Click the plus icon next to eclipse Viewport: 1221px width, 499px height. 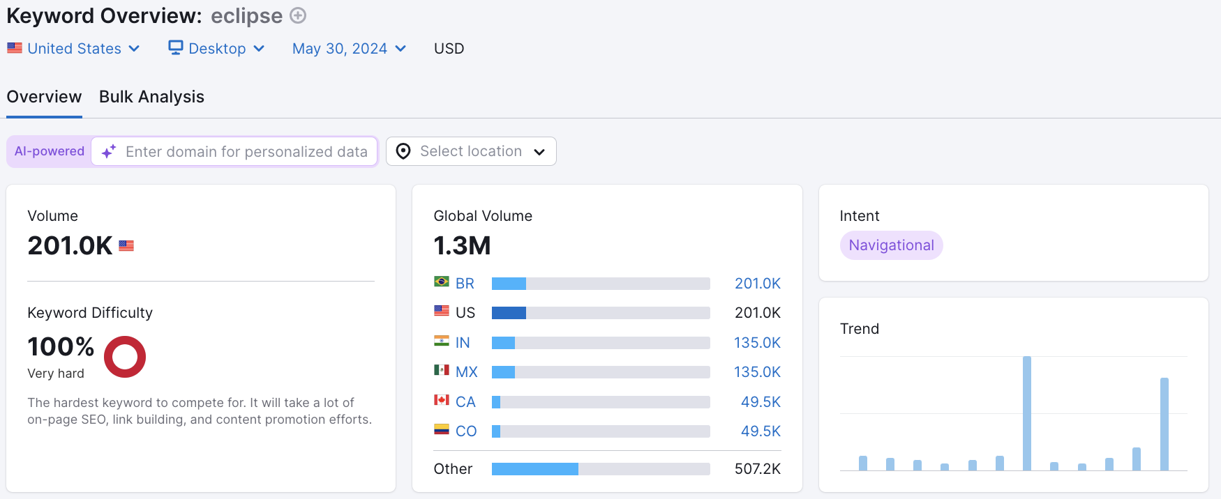coord(298,15)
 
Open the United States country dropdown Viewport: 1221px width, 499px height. coord(74,49)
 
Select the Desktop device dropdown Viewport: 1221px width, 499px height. coord(216,49)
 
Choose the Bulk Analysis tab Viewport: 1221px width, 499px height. coord(151,97)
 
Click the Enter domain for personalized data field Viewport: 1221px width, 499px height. coord(246,152)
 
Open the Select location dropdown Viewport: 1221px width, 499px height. coord(471,152)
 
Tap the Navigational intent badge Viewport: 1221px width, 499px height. coord(891,245)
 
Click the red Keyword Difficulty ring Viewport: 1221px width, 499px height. coord(125,357)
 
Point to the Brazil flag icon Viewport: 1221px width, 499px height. coord(442,282)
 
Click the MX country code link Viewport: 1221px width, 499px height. coord(466,372)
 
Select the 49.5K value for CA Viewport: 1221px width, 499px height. coord(761,402)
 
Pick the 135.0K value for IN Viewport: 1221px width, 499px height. coord(757,343)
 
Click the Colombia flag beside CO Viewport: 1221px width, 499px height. coord(442,430)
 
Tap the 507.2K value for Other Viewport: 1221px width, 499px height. coord(757,469)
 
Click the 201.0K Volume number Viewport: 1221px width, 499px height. coord(70,246)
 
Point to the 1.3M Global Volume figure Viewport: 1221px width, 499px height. coord(462,246)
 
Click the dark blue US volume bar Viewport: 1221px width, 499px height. coord(509,313)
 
